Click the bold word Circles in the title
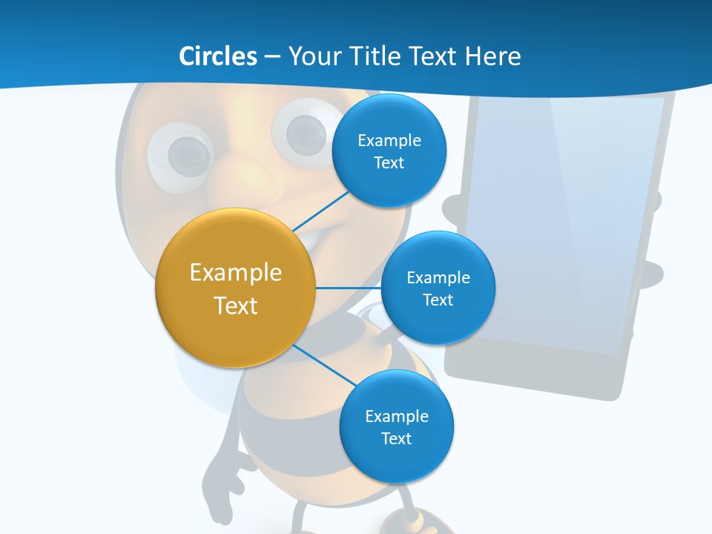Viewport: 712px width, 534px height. [217, 56]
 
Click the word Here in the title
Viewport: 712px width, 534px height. [493, 56]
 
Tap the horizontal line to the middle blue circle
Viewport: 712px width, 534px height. [349, 288]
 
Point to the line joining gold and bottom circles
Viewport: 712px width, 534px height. [325, 366]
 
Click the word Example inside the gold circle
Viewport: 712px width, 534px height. [236, 272]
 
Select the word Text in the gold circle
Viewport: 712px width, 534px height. [236, 306]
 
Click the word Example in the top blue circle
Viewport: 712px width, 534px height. [389, 140]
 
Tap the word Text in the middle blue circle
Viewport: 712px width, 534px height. [438, 300]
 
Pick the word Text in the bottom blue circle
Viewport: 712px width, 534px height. [396, 438]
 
